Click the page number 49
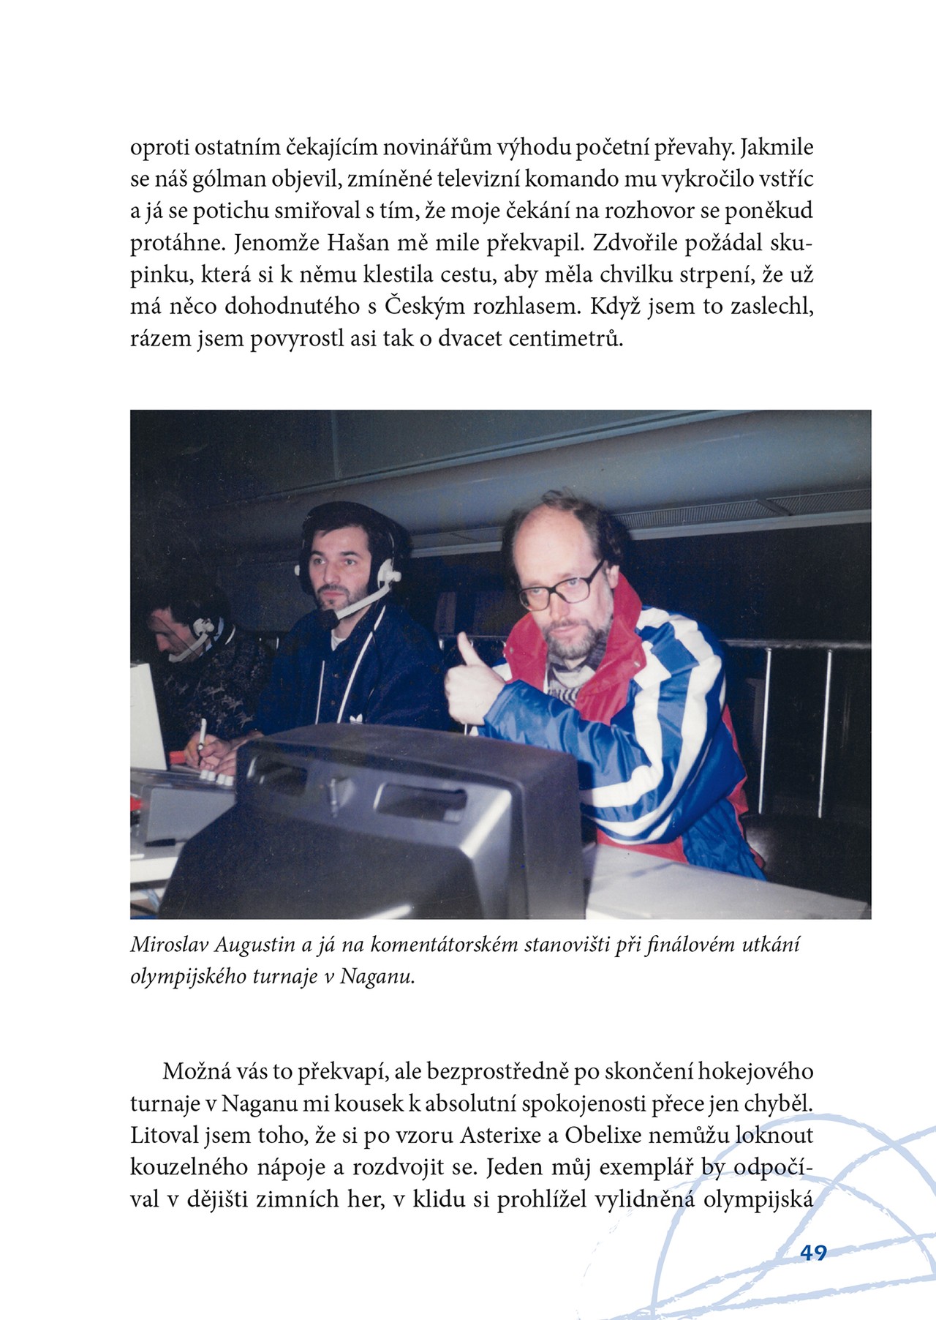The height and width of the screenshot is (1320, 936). coord(813,1252)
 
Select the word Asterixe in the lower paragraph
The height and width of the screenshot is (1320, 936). coord(502,1136)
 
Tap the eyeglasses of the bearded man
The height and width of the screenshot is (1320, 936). coord(559,590)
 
